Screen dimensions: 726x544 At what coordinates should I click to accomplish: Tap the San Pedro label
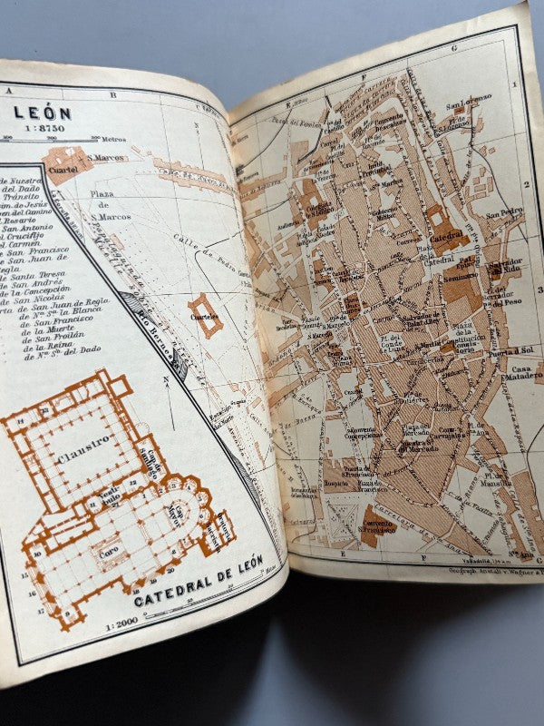[x=505, y=214]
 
